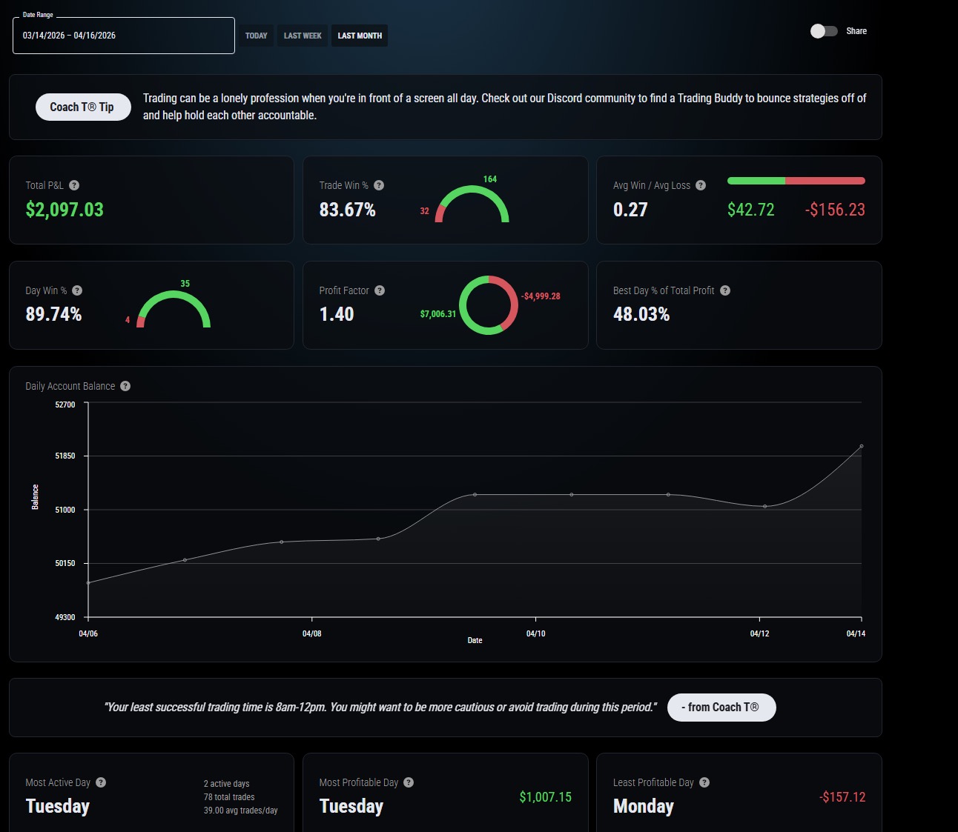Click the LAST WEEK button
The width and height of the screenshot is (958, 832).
point(303,36)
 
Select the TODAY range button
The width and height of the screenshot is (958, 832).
point(256,36)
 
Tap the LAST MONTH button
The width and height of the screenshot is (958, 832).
point(360,36)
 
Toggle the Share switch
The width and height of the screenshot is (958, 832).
point(824,31)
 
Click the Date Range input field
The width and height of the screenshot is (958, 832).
point(124,36)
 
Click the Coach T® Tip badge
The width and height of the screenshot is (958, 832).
point(83,107)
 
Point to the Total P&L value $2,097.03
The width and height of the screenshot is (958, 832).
point(65,210)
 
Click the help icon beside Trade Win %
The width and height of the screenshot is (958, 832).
point(379,185)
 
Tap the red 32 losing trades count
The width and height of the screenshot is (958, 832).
point(424,211)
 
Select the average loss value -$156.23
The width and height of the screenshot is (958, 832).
point(835,210)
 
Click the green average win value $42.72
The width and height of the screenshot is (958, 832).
point(750,210)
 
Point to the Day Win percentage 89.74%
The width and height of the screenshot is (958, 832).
point(54,314)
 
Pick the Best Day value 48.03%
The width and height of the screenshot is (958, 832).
point(641,314)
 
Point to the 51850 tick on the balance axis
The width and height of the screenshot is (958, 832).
point(65,456)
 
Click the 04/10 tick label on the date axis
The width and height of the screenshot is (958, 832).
point(535,633)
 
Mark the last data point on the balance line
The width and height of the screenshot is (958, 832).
point(862,446)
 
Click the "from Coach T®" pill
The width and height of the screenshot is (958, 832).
point(721,707)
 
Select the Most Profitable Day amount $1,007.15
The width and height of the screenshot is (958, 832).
point(546,797)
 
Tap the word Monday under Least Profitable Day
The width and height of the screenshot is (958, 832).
point(644,806)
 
